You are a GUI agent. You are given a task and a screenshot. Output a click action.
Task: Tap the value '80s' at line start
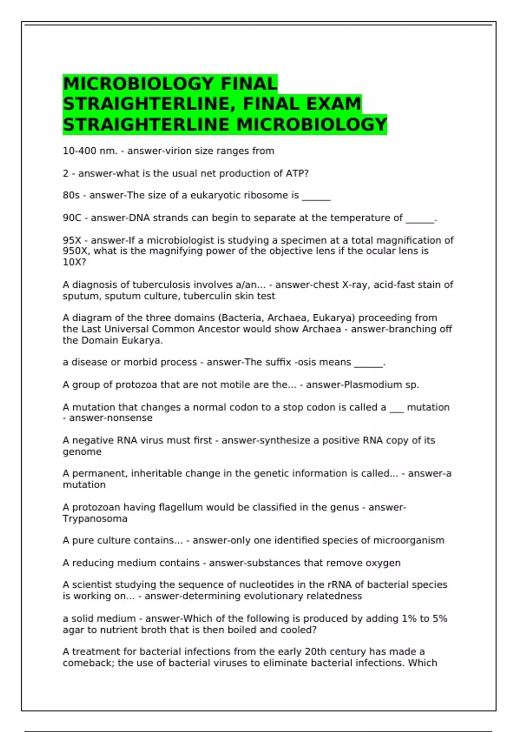tap(71, 195)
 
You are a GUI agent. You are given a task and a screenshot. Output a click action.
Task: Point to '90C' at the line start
tap(72, 218)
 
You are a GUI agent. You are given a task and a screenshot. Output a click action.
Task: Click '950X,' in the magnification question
tap(76, 251)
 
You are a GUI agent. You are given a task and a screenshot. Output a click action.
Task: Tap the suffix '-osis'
tap(305, 363)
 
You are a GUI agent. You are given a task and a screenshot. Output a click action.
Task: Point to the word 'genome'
tap(82, 452)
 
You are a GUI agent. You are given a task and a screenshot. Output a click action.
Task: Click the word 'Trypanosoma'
tap(95, 519)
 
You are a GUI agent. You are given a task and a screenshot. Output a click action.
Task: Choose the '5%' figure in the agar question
tap(440, 619)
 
